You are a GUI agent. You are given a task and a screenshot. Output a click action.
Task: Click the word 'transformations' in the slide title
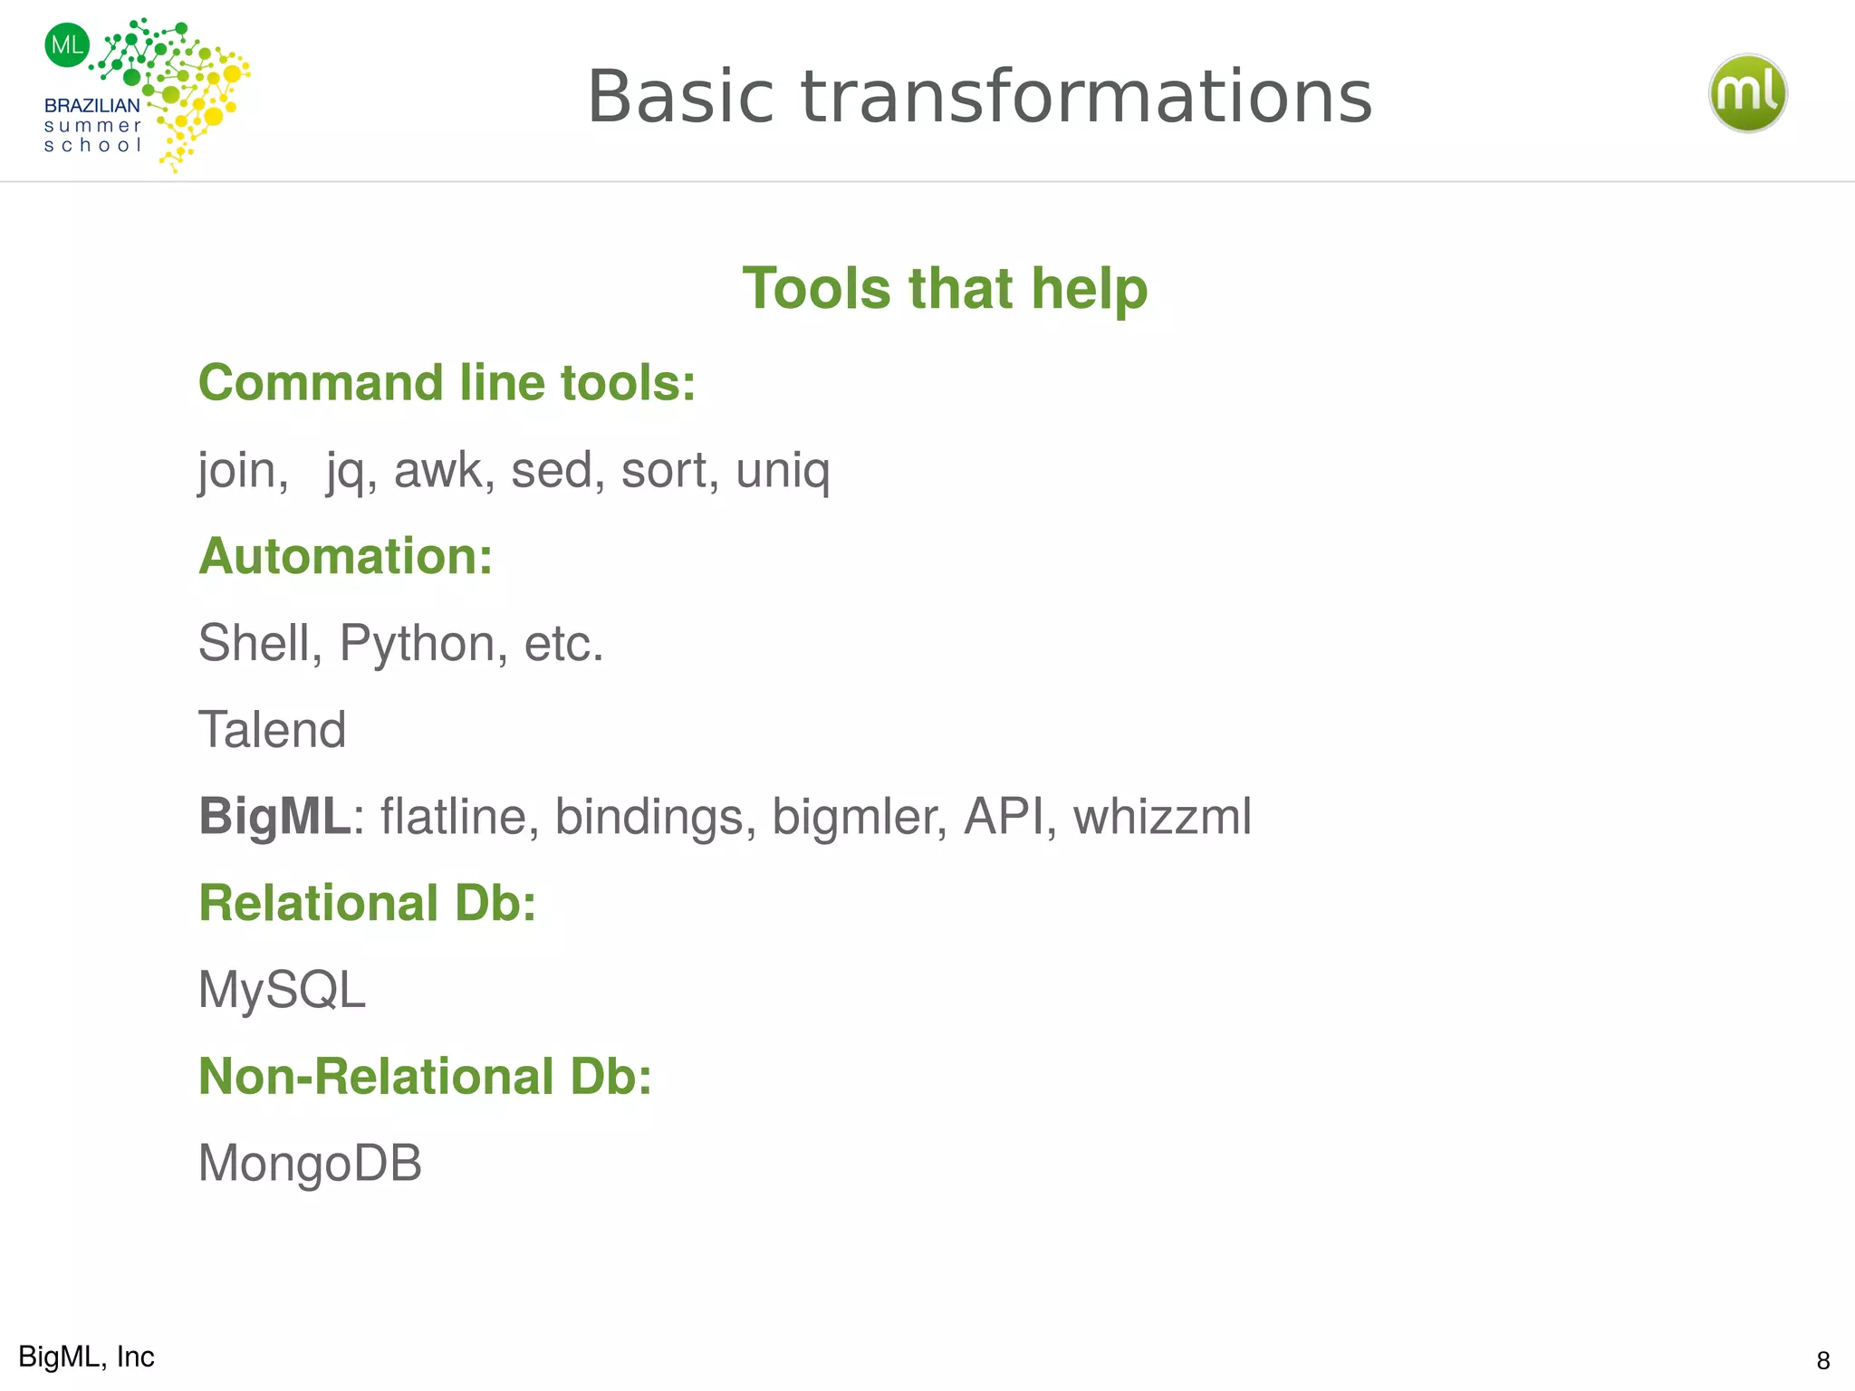pyautogui.click(x=1086, y=97)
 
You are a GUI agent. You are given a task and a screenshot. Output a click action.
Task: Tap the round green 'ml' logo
pyautogui.click(x=1747, y=93)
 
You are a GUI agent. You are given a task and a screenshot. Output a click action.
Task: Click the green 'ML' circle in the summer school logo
pyautogui.click(x=67, y=44)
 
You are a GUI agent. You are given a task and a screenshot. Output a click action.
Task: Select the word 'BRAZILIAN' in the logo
pyautogui.click(x=92, y=106)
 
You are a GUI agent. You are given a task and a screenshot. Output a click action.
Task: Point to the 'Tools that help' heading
pyautogui.click(x=945, y=289)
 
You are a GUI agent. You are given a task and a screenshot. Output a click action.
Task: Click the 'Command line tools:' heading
pyautogui.click(x=447, y=383)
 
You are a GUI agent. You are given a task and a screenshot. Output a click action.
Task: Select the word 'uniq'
pyautogui.click(x=783, y=471)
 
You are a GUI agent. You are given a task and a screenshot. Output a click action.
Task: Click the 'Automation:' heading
pyautogui.click(x=345, y=556)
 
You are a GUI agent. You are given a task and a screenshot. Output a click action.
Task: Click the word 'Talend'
pyautogui.click(x=272, y=730)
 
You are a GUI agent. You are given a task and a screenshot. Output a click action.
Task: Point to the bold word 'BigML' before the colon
pyautogui.click(x=274, y=817)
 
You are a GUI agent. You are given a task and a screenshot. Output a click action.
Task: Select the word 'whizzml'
pyautogui.click(x=1162, y=817)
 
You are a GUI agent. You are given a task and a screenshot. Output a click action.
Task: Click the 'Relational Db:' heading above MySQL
pyautogui.click(x=367, y=904)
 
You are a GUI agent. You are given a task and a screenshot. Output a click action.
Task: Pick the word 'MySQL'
pyautogui.click(x=282, y=990)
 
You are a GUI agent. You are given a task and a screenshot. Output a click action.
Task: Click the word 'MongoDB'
pyautogui.click(x=310, y=1163)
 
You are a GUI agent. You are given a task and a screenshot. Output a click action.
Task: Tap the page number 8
pyautogui.click(x=1822, y=1360)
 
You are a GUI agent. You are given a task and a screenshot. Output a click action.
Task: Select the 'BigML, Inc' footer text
pyautogui.click(x=87, y=1357)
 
